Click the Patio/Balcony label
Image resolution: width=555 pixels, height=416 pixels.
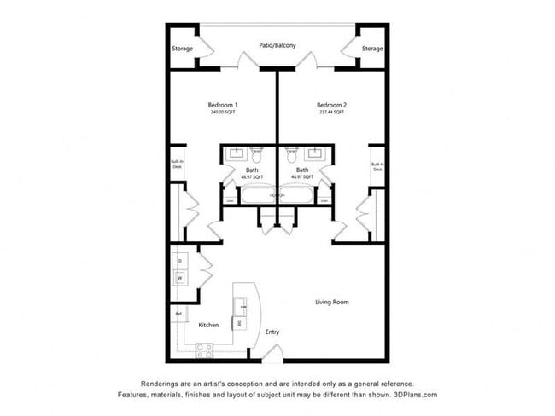tap(277, 45)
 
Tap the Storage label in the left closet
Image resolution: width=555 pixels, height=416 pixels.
tap(182, 49)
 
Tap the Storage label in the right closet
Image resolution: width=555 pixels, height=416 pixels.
tap(371, 49)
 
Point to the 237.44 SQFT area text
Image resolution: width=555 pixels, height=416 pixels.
tap(331, 113)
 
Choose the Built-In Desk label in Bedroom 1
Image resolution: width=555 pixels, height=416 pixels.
tap(178, 165)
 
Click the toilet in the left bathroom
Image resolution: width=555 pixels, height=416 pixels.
tap(256, 156)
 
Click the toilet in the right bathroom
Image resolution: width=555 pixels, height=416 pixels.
tap(293, 156)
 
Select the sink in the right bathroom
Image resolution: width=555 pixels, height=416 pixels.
tap(316, 154)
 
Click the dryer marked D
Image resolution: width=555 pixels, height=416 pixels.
tap(180, 260)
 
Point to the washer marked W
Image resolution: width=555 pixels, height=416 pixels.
tap(180, 278)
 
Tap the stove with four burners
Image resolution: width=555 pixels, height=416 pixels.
tap(205, 349)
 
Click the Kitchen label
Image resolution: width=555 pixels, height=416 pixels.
tap(208, 325)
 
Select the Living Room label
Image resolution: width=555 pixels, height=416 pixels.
tap(332, 302)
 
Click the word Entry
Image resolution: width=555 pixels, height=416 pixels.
tap(272, 332)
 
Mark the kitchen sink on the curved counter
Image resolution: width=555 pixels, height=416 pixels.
tap(242, 303)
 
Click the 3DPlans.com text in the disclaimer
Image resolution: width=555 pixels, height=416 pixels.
tap(413, 395)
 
